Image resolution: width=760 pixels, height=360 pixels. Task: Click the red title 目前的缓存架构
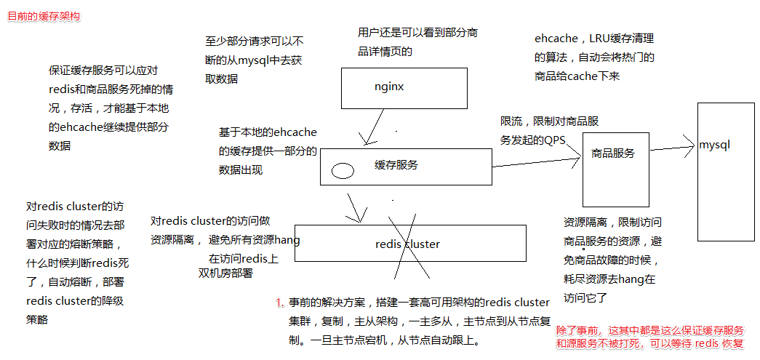(44, 16)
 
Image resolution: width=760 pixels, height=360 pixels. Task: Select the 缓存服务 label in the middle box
(396, 165)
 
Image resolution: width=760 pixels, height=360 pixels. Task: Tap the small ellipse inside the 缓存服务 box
(343, 171)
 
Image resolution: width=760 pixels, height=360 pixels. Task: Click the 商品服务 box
(615, 164)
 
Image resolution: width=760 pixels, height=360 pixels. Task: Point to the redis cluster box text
(407, 244)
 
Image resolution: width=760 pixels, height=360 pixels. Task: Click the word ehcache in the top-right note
(556, 39)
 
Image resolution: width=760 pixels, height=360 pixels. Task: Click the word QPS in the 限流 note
(554, 140)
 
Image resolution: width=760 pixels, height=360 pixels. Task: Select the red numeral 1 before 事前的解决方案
(279, 303)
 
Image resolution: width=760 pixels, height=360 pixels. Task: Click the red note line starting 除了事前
(649, 330)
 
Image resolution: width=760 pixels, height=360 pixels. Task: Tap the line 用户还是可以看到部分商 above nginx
(417, 33)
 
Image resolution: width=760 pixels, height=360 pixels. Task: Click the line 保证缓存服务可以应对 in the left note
(103, 71)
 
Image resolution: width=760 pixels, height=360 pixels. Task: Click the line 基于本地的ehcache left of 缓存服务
(268, 132)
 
